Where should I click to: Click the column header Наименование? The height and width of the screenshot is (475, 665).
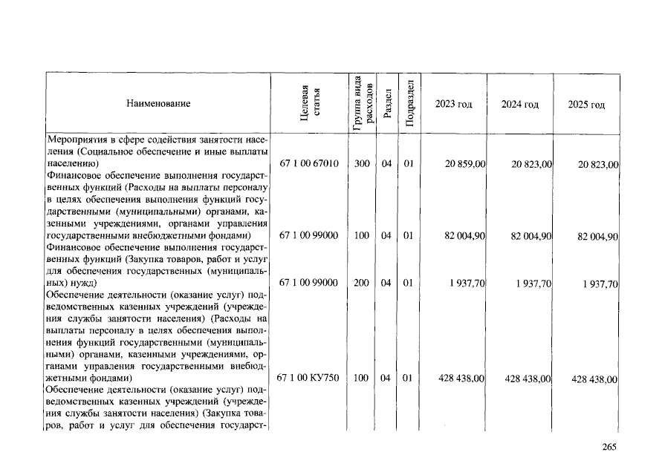[158, 104]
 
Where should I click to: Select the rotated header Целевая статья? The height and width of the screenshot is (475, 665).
[309, 104]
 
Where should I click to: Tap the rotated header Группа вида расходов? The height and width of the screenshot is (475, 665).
[362, 103]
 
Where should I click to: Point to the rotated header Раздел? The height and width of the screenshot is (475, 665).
[387, 104]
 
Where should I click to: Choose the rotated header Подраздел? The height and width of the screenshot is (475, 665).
[409, 104]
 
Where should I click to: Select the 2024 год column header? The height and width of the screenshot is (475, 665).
[519, 104]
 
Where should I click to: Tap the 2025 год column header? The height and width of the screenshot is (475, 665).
[586, 105]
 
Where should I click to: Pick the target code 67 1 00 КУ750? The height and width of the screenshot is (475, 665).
[308, 379]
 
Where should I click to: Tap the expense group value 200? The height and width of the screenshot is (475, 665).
[362, 283]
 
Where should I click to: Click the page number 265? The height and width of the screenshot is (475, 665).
[609, 447]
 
